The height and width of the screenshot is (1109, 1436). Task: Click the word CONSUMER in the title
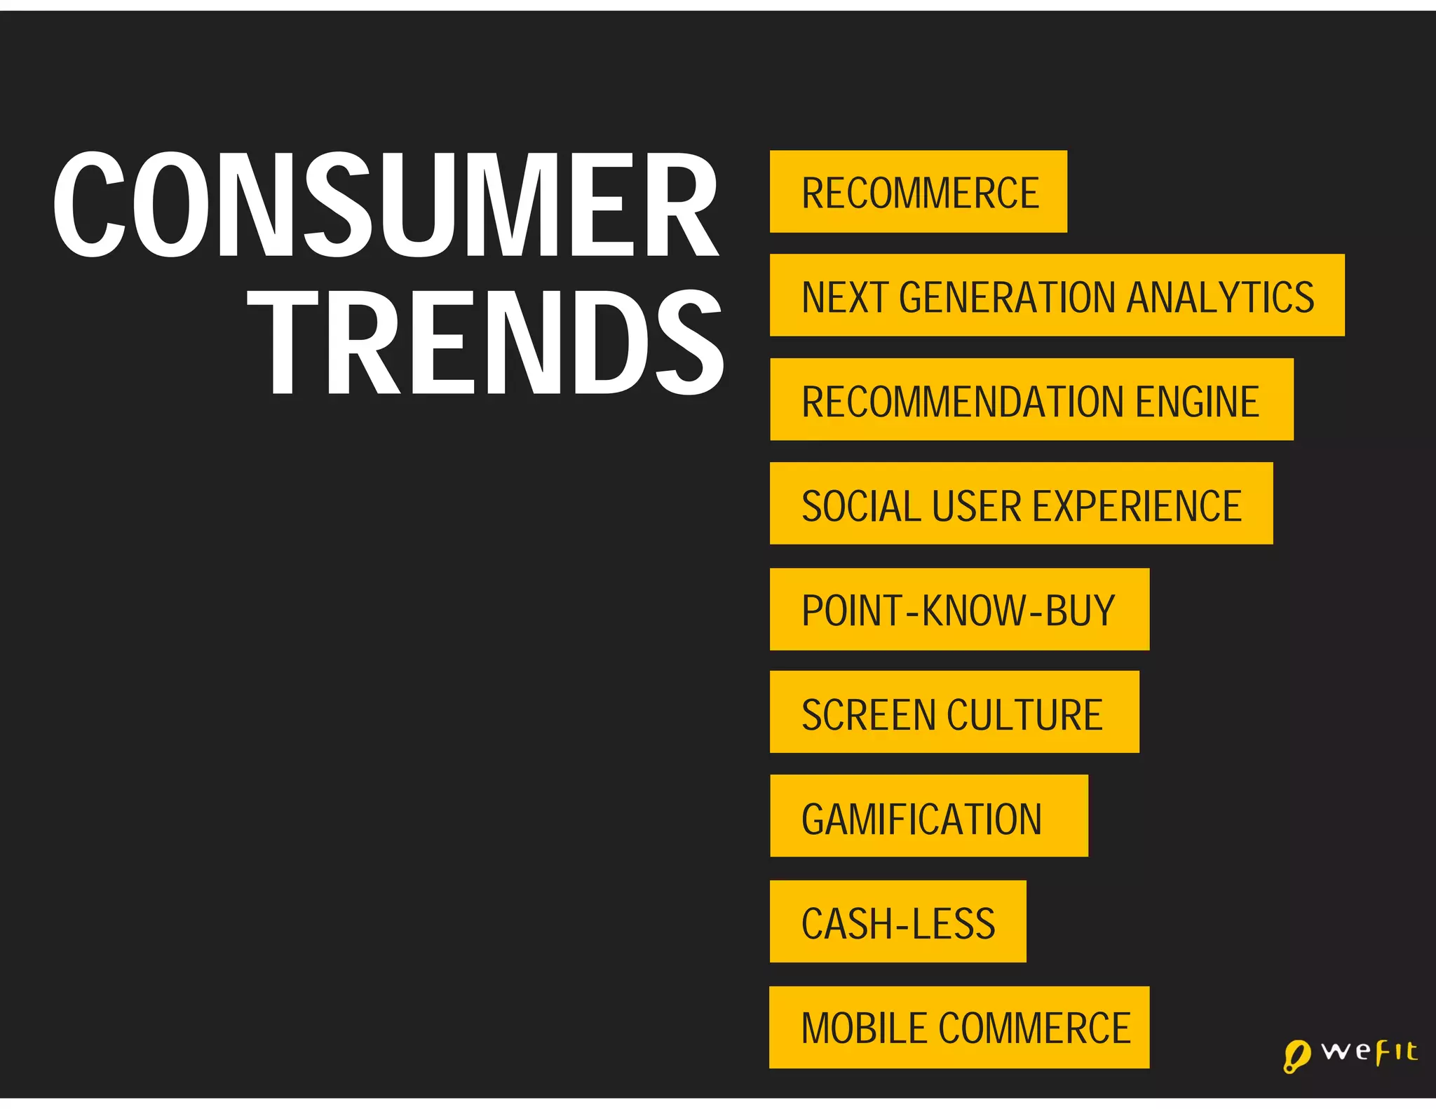pos(386,205)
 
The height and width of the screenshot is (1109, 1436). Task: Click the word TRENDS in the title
pos(485,343)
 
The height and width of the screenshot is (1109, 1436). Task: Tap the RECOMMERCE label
pos(919,193)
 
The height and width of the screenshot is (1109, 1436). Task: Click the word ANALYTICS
pos(1221,297)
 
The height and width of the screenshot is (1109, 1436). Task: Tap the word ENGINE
pos(1197,401)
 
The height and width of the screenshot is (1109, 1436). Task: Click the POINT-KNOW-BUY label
pos(958,610)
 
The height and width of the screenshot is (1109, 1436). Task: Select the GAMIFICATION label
pos(921,819)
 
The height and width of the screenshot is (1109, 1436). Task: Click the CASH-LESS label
pos(898,923)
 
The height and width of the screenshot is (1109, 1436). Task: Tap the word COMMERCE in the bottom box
pos(1034,1028)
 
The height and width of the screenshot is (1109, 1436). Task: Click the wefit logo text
pos(1369,1052)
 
